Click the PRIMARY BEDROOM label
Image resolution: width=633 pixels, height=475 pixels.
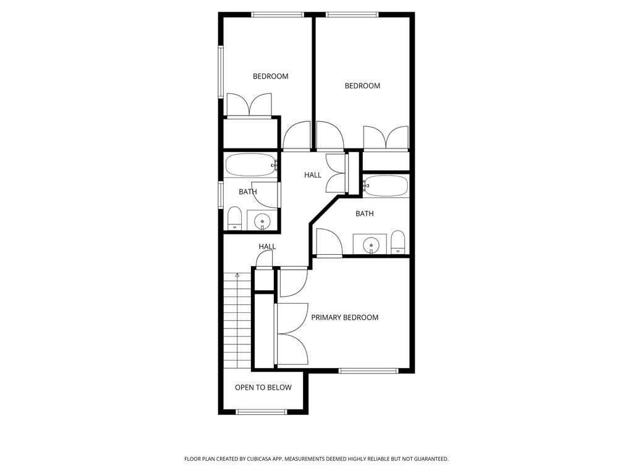[x=344, y=317]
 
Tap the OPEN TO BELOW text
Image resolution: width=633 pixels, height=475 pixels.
[x=263, y=388]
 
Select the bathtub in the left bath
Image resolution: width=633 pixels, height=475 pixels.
[x=250, y=165]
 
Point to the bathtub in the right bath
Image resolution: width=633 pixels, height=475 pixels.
[x=386, y=186]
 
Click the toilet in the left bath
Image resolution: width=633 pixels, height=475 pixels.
[x=234, y=218]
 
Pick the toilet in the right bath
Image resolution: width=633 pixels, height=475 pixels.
[x=398, y=242]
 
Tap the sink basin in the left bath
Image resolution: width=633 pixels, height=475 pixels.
[x=263, y=220]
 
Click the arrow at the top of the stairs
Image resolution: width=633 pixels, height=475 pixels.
[x=237, y=275]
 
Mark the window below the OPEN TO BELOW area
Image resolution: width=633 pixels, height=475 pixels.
[x=261, y=411]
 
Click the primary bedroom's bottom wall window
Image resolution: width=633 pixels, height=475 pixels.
[x=368, y=370]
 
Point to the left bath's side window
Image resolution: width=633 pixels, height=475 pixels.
[x=221, y=194]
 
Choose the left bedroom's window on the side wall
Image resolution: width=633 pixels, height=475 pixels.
[x=221, y=72]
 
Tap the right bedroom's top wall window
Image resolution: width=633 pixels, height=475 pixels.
[x=352, y=14]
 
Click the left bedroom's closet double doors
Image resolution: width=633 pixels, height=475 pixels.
[x=249, y=105]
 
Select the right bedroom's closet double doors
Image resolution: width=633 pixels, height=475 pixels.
[x=386, y=138]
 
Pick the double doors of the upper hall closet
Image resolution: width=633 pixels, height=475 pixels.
[x=336, y=175]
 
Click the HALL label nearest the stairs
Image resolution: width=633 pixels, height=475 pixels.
[x=267, y=247]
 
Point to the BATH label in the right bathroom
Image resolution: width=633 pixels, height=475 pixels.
[x=364, y=214]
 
